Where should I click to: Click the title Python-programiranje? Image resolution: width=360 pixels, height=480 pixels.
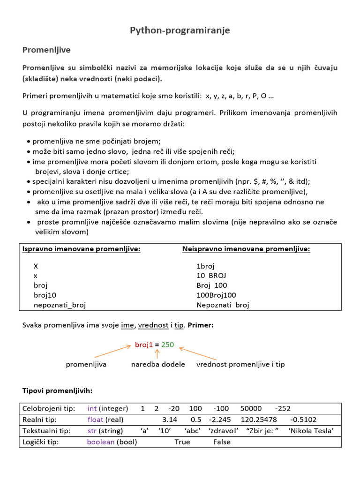point(180,30)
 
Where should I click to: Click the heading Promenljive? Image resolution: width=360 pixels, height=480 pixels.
point(46,50)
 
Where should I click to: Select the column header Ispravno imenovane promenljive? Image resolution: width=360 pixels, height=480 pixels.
point(82,249)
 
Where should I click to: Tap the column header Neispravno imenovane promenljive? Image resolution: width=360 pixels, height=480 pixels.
point(246,249)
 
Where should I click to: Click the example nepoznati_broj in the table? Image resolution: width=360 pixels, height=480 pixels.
point(60,305)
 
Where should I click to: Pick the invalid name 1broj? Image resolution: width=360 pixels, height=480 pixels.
point(205,266)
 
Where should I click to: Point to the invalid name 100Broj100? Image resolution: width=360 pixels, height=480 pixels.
point(216,295)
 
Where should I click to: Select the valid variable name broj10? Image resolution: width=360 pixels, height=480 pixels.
point(45,295)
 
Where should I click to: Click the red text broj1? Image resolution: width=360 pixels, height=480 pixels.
point(144,345)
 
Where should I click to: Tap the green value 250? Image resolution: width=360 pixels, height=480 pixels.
point(167,345)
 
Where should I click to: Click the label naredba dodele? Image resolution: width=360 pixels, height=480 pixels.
point(158,364)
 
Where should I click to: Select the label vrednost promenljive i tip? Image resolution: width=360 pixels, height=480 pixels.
point(240,364)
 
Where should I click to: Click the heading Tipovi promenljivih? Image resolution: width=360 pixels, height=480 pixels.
point(58,390)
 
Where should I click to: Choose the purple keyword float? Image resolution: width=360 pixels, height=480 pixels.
point(95,420)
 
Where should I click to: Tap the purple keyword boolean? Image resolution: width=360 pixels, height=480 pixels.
point(101,442)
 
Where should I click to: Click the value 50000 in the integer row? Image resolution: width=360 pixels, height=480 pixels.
point(251,408)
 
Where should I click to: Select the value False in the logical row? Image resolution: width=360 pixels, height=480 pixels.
point(222,442)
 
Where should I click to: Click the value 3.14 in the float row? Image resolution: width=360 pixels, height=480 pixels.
point(169,420)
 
